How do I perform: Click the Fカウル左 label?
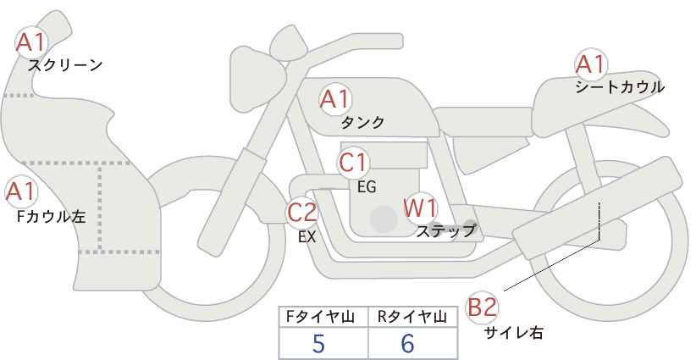(x=51, y=217)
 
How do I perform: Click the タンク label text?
(x=362, y=123)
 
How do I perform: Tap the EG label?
(x=367, y=186)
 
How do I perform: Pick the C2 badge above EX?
(x=302, y=213)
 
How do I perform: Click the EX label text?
(x=307, y=237)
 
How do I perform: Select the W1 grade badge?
(x=420, y=208)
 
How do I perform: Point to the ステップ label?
(x=446, y=230)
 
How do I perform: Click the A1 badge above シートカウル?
(x=590, y=64)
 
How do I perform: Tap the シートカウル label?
(x=619, y=87)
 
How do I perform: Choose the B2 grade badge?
(x=483, y=307)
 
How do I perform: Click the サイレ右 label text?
(x=514, y=333)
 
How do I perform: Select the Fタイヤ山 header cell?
(x=324, y=317)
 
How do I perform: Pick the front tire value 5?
(x=318, y=343)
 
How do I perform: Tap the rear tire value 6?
(x=408, y=343)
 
